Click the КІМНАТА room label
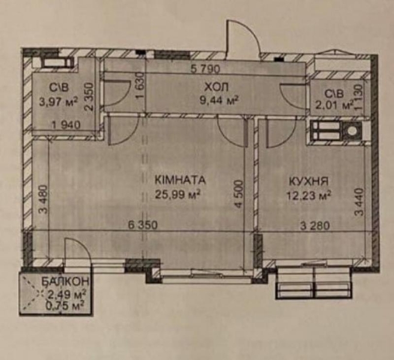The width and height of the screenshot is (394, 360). pyautogui.click(x=180, y=179)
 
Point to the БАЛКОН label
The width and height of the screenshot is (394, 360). pyautogui.click(x=58, y=281)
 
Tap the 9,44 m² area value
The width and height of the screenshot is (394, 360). pyautogui.click(x=219, y=100)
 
